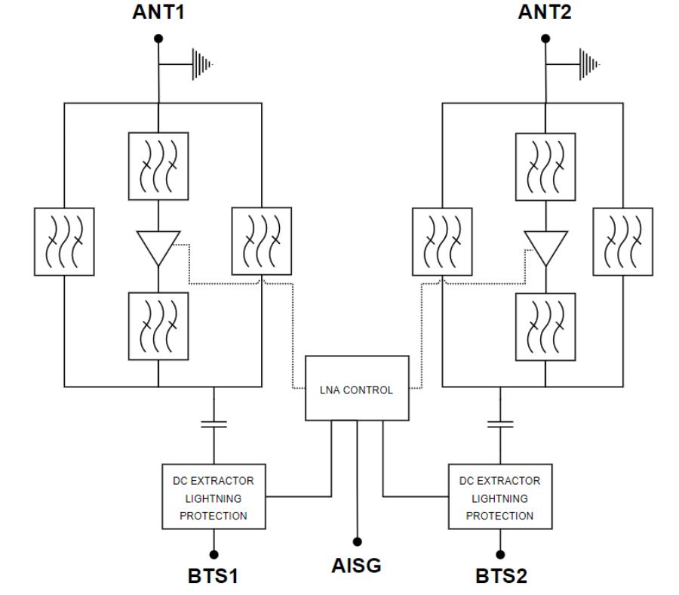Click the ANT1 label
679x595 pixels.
pos(158,14)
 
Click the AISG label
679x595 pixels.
pos(356,565)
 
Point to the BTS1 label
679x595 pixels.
pos(214,576)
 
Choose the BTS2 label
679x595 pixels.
pos(501,576)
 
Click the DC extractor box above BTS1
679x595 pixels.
pos(214,497)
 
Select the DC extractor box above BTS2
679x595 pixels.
pos(499,497)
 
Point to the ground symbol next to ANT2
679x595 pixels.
pos(588,63)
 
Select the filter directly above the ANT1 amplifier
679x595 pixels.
pos(158,166)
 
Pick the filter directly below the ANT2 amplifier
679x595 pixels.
pos(545,327)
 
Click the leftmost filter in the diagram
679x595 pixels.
pos(64,241)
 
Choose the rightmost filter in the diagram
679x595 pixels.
pos(622,241)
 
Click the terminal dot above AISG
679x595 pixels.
pos(356,541)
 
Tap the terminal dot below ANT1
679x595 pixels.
pos(158,38)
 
